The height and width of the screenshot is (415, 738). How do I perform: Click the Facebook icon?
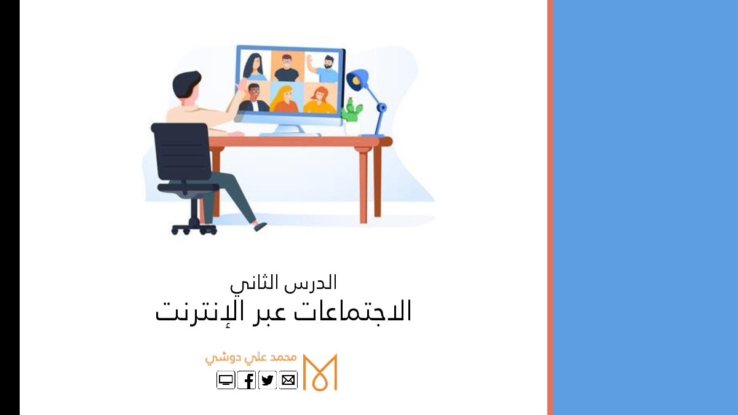coord(247,380)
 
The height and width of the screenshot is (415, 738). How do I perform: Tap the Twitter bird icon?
coord(267,380)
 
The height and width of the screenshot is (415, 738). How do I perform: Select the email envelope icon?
coord(288,380)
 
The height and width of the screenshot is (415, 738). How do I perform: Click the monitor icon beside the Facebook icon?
coord(226,380)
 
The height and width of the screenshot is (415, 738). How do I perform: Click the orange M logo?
coord(320,372)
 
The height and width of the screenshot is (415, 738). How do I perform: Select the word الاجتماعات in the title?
coord(352,311)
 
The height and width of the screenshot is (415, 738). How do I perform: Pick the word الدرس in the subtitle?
coord(311,283)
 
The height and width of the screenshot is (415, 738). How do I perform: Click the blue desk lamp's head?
coord(357,80)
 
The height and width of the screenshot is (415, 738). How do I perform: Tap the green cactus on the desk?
coord(352,109)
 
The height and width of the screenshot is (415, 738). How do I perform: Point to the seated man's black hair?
coord(186,84)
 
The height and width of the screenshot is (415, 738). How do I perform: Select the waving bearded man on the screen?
coord(323,68)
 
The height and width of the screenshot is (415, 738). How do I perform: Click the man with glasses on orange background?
coord(287,68)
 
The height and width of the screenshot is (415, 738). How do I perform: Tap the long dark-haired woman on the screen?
coord(254,67)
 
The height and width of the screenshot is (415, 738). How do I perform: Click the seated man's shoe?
coord(260,226)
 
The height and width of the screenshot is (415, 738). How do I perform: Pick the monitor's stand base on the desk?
coord(290,134)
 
